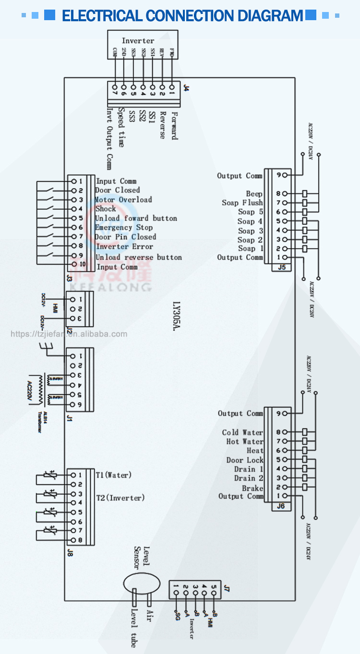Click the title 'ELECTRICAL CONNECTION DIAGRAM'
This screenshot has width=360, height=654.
point(182,16)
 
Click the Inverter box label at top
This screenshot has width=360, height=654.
point(138,41)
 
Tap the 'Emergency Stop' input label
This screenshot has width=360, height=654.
point(124,228)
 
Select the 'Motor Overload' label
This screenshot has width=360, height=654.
point(123,200)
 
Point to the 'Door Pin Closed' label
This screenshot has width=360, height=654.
point(125,237)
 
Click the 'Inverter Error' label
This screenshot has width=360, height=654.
point(125,246)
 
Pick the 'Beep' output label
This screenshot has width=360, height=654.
point(254,194)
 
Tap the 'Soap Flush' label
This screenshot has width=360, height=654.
point(242,203)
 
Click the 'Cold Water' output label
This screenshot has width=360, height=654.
point(242,433)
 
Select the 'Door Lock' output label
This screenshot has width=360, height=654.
point(245,460)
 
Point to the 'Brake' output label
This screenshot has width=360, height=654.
point(252,488)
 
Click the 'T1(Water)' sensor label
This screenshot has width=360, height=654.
point(113,475)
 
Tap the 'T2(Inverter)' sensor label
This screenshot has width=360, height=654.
point(120,498)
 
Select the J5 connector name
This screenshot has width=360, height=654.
point(281,267)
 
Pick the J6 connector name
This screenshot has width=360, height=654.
point(281,506)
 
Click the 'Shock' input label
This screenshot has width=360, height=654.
point(106,209)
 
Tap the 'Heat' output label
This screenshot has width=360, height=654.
point(255,451)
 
